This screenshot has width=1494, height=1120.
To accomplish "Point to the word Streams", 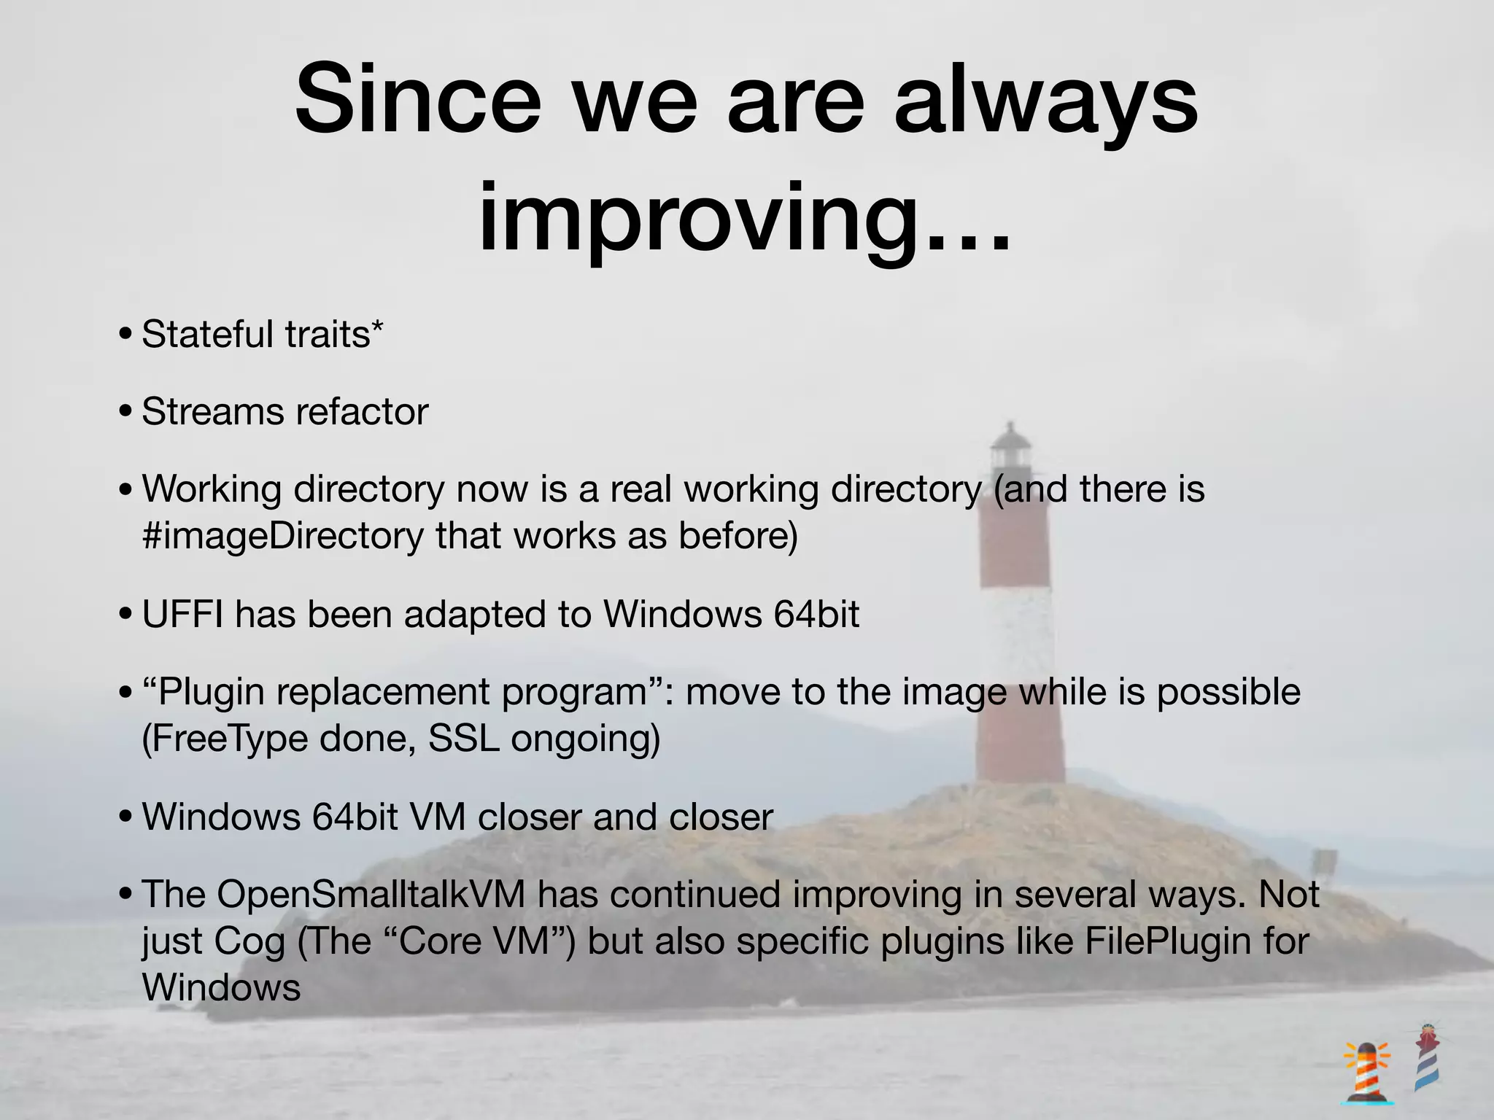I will click(x=212, y=412).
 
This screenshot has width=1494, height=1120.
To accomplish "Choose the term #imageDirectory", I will click(x=283, y=537).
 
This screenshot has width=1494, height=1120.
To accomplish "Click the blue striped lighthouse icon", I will click(x=1428, y=1057).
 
